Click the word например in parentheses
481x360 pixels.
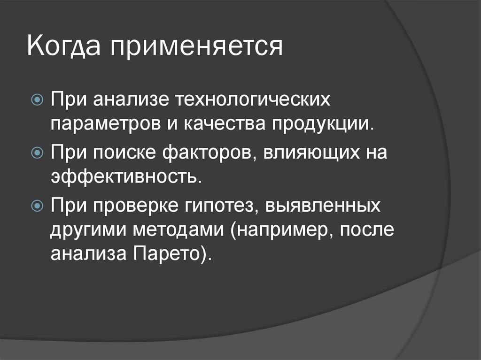pyautogui.click(x=288, y=230)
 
